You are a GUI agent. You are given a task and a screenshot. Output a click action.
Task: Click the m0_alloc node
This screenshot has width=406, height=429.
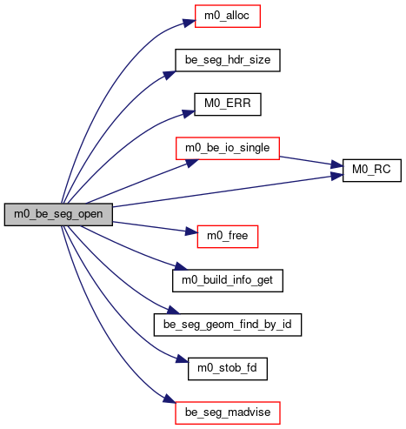coord(228,17)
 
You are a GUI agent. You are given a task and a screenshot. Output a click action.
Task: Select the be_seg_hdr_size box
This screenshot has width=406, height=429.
coord(228,60)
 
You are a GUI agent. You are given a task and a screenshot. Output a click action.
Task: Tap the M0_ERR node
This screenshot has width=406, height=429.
coord(228,104)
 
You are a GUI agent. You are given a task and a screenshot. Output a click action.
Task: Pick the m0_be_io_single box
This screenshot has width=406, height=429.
coord(228,149)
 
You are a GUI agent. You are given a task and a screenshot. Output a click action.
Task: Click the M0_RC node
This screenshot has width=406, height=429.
coord(372,171)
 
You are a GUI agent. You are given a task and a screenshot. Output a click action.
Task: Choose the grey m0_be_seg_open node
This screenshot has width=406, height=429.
coord(58,215)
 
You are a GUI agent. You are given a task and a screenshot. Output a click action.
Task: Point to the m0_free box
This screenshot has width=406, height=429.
coord(228,237)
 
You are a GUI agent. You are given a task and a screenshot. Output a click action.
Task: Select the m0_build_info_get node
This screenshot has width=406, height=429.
coord(228,281)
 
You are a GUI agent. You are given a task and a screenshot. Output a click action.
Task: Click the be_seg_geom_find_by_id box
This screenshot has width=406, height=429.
coord(228,325)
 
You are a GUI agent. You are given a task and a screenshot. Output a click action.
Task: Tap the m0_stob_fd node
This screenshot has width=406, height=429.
coord(228,369)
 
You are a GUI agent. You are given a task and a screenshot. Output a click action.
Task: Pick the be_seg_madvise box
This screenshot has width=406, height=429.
coord(228,413)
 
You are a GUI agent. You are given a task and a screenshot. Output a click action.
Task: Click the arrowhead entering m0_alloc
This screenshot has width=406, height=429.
coord(189,23)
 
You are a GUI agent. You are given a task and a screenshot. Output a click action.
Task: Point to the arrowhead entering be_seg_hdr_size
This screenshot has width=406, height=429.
coord(170,75)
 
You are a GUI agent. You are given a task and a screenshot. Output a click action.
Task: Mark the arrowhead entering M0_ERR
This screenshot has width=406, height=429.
coord(188,113)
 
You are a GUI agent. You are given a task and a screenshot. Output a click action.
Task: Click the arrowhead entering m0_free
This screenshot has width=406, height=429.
coord(191,231)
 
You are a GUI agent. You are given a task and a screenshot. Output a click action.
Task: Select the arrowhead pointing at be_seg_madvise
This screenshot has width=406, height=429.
coord(170,399)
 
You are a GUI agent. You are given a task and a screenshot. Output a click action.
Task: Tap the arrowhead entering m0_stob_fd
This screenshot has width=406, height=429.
coord(182,359)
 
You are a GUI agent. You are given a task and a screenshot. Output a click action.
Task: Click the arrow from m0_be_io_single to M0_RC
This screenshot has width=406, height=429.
coord(311,162)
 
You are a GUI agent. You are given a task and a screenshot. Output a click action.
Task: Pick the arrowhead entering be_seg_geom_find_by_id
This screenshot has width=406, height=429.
coord(173,310)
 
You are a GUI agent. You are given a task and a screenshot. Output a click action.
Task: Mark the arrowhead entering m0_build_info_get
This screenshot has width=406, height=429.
coord(182,266)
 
